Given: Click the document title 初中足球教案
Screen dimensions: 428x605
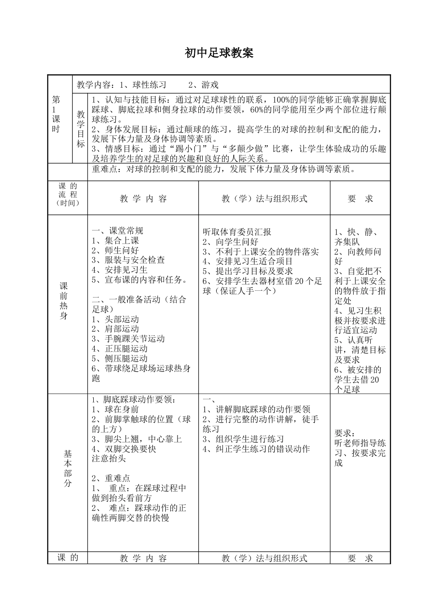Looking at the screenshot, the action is click(x=219, y=53).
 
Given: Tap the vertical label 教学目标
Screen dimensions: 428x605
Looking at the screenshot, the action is click(x=81, y=129).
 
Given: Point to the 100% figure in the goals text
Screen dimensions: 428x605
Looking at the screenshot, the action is click(x=282, y=99).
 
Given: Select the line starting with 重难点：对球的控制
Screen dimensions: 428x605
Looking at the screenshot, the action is click(x=224, y=169).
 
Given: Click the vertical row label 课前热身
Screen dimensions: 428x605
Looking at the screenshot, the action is click(x=64, y=301).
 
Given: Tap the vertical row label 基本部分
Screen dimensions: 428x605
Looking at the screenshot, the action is click(x=67, y=468).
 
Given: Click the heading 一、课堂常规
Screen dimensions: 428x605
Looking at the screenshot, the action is click(x=118, y=230).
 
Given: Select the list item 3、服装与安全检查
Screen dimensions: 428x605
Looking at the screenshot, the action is click(x=128, y=260).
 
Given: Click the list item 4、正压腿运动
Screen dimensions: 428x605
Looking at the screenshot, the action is click(x=119, y=349).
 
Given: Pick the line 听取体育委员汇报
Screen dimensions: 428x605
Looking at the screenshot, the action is click(x=237, y=232).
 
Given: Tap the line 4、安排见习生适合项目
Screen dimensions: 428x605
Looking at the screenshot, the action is click(x=248, y=261).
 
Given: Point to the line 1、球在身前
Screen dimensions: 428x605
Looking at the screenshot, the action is click(x=115, y=409).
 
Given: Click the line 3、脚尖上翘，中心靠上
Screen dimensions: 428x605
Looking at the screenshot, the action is click(x=137, y=439).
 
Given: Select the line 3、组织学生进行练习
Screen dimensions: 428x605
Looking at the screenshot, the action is click(x=243, y=439).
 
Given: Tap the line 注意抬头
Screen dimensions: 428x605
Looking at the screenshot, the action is click(x=109, y=459).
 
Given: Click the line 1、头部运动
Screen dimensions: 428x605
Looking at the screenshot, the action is click(x=115, y=319).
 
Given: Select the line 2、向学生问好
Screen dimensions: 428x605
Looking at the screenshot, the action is click(x=230, y=242).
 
